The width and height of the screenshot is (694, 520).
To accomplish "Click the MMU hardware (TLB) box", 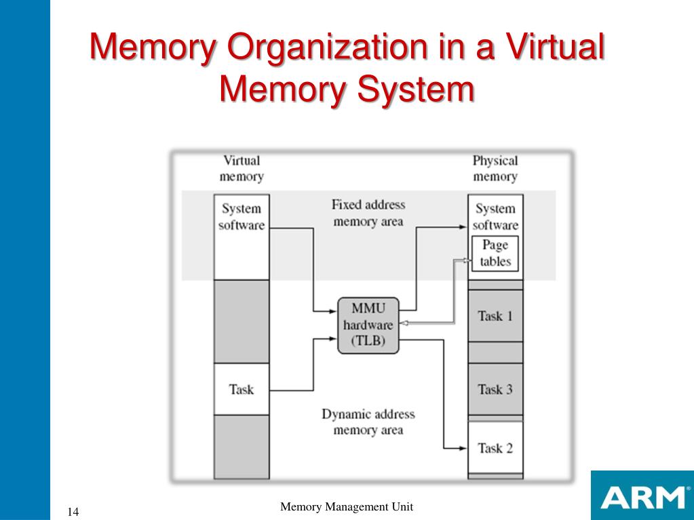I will pyautogui.click(x=368, y=325).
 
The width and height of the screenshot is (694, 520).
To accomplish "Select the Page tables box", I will pyautogui.click(x=495, y=254).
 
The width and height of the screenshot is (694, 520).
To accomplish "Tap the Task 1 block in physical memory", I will pyautogui.click(x=495, y=315).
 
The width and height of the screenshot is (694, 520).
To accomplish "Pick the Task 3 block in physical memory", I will pyautogui.click(x=495, y=389).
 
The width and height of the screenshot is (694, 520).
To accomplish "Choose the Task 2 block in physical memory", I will pyautogui.click(x=495, y=447).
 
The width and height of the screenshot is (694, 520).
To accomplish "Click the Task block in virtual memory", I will pyautogui.click(x=241, y=389).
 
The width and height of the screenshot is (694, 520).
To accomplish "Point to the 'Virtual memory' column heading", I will pyautogui.click(x=241, y=169).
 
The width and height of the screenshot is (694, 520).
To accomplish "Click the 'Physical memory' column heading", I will pyautogui.click(x=495, y=169).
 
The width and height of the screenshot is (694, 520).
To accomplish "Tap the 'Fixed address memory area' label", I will pyautogui.click(x=368, y=213).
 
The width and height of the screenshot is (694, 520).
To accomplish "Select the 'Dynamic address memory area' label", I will pyautogui.click(x=368, y=422).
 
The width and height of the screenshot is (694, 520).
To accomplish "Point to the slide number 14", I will pyautogui.click(x=73, y=511).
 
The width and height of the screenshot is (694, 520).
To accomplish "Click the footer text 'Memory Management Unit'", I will pyautogui.click(x=347, y=507).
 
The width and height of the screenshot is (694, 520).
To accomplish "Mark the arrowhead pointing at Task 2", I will pyautogui.click(x=464, y=447).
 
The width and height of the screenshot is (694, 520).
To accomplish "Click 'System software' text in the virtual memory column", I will pyautogui.click(x=241, y=217).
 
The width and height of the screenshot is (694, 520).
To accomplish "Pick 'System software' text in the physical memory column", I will pyautogui.click(x=495, y=217).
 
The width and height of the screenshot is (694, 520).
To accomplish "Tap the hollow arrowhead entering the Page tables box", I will pyautogui.click(x=467, y=260).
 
